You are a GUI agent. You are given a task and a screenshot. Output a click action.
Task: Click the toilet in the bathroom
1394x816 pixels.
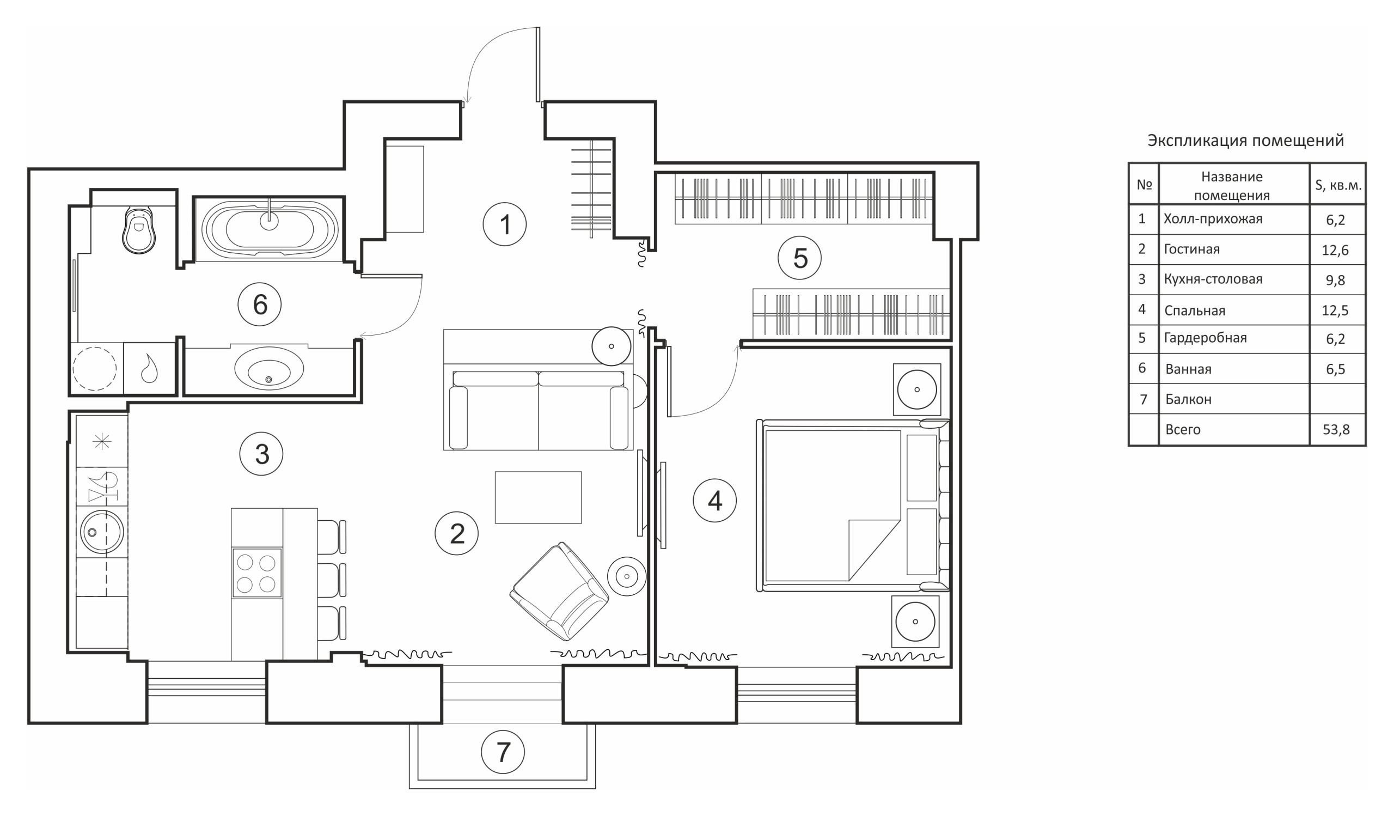coord(138,232)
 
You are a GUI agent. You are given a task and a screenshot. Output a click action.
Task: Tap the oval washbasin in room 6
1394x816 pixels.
coord(269,368)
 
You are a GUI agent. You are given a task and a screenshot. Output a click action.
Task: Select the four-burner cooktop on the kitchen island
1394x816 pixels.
coord(256,573)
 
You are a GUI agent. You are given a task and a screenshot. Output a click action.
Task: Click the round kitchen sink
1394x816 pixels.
coord(102,532)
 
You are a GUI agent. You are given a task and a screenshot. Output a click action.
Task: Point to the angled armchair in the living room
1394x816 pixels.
coord(559,592)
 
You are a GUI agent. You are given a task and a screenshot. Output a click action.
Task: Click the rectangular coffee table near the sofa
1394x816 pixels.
coord(537,497)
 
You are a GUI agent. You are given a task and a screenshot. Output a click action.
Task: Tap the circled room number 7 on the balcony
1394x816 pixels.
coord(503,752)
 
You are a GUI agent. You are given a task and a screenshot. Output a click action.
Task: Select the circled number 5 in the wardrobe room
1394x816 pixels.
coord(799,258)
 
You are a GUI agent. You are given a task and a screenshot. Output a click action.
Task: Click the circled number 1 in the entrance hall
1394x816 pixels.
coord(504,224)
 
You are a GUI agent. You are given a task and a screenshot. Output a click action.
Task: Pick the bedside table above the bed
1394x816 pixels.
coord(916,389)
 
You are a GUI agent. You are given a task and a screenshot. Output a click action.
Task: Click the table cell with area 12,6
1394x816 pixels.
coord(1335,250)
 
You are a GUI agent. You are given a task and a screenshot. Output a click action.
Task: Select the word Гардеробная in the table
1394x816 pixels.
coord(1205,338)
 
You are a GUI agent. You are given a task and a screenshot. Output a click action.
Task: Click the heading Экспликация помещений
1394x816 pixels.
coord(1245,141)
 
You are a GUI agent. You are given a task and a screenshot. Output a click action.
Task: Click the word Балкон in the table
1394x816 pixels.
coord(1188,399)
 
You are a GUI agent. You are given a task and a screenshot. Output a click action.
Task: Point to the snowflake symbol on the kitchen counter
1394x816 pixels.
coord(102,441)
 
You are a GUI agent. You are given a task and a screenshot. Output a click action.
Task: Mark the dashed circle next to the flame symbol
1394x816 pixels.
coord(95,368)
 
